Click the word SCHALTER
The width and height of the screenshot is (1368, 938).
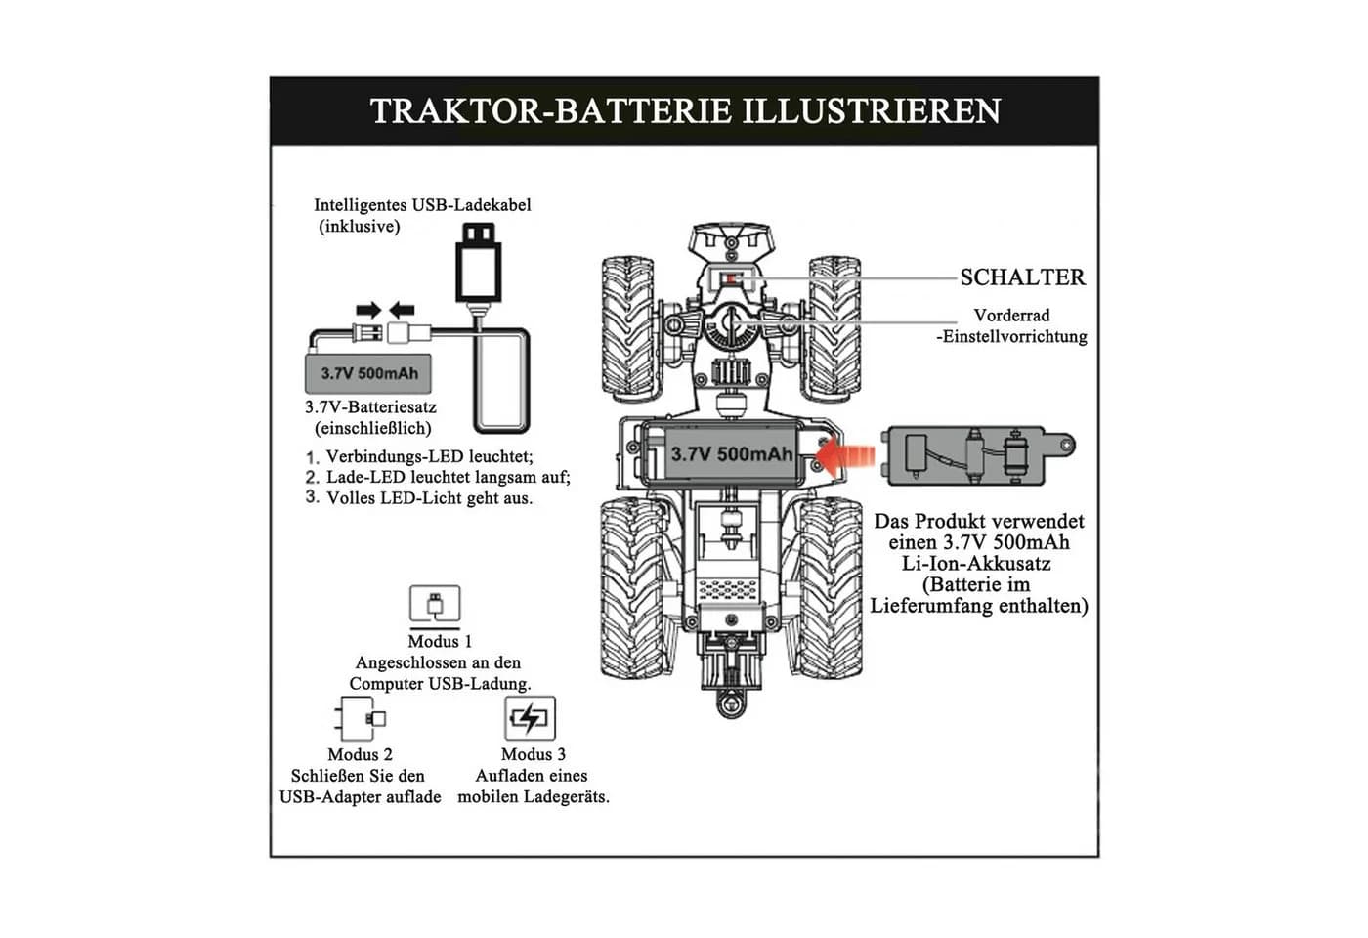tap(1022, 277)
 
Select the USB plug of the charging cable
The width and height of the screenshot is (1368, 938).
tap(478, 263)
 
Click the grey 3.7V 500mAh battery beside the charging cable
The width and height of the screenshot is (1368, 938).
tap(368, 373)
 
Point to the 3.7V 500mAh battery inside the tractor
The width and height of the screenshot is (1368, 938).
tap(731, 454)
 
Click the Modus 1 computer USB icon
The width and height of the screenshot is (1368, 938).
tap(435, 605)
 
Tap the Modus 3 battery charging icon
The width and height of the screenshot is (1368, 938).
tap(530, 718)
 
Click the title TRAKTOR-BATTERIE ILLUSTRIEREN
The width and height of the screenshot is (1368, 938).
tap(685, 111)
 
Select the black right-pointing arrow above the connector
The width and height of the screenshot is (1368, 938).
tap(369, 311)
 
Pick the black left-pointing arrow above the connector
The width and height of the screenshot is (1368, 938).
tap(402, 311)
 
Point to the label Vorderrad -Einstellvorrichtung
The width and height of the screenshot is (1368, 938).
tap(1012, 326)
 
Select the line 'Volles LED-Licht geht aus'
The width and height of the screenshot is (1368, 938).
tap(429, 498)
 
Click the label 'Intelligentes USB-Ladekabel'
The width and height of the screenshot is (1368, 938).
tap(422, 205)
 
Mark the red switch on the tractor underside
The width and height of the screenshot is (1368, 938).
tap(731, 279)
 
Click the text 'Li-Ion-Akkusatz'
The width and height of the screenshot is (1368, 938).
tap(977, 563)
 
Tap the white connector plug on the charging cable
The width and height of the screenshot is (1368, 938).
tap(408, 333)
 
